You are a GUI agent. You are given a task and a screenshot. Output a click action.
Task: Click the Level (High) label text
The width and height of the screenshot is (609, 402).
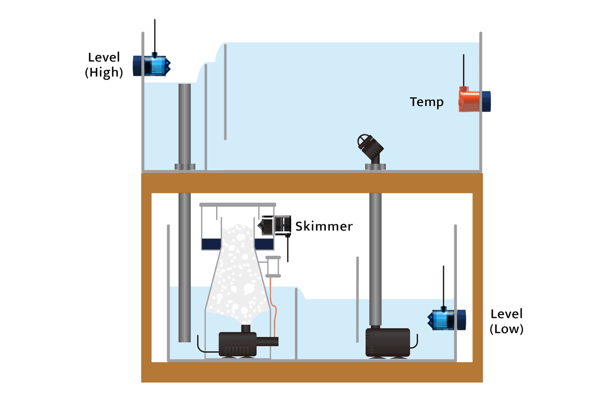104,65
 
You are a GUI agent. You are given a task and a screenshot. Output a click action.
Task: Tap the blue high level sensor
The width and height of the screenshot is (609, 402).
152,65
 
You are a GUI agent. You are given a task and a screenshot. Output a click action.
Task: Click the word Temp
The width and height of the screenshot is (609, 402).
427,103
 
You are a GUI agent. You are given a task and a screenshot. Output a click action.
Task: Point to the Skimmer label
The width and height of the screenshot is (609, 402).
324,226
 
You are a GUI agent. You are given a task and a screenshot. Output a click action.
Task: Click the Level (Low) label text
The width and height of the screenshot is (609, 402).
506,321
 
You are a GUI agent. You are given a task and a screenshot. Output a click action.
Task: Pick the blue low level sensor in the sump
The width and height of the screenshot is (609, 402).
447,319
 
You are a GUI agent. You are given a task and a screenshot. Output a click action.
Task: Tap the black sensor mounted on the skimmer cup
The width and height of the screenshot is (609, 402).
275,225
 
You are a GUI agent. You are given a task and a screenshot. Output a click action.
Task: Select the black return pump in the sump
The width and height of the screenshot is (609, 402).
388,343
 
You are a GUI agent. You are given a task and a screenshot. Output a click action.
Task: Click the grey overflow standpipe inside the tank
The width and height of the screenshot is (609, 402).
185,124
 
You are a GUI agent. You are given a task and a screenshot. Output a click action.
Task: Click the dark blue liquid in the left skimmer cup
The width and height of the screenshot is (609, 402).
211,244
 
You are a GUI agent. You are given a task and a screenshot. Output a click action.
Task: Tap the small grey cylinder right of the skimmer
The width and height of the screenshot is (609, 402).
273,266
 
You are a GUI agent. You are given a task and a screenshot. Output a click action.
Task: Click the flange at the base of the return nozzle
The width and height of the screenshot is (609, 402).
375,166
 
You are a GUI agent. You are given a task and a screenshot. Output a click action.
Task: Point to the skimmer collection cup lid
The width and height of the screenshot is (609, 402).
238,205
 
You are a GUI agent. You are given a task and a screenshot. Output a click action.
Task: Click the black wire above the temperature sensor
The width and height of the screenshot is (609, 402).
463,71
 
